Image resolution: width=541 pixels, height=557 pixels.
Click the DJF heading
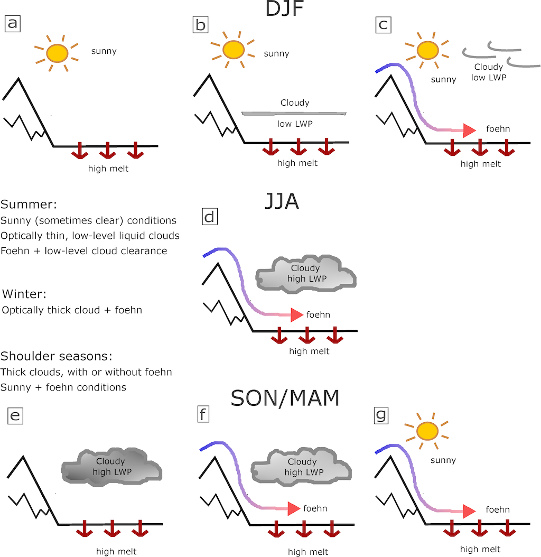point(285,9)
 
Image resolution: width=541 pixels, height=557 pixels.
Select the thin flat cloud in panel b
point(294,113)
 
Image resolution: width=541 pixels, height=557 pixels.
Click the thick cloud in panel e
point(111,467)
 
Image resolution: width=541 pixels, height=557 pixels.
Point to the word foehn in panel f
point(315,508)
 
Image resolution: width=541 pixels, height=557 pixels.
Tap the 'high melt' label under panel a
point(108,169)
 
